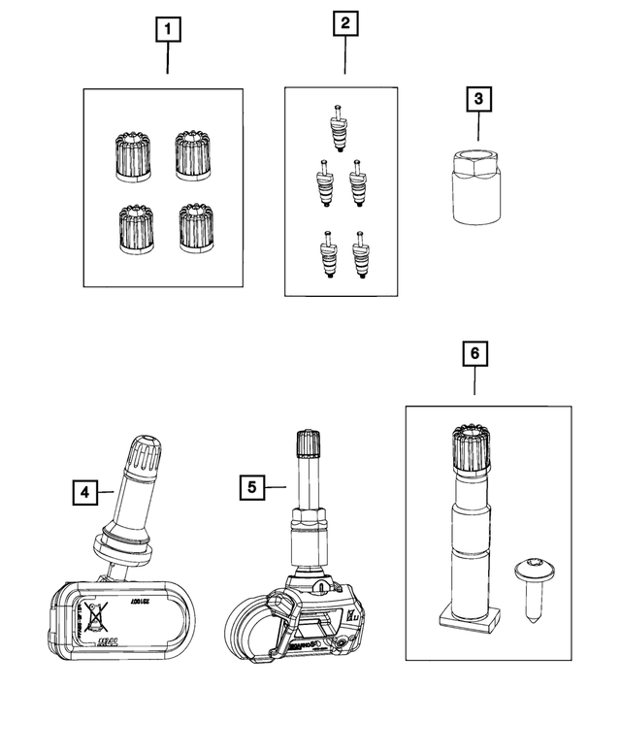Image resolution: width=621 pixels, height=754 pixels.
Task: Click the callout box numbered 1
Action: (x=168, y=30)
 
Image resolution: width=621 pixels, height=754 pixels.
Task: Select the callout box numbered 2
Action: (x=344, y=23)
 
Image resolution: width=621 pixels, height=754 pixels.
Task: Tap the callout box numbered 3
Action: (x=477, y=98)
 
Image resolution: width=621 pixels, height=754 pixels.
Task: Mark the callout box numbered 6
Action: (x=474, y=355)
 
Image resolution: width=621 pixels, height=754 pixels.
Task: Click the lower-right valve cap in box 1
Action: (x=197, y=228)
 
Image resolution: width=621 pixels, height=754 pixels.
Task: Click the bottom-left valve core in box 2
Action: (x=327, y=255)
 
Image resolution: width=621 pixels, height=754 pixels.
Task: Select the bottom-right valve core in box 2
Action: (x=362, y=255)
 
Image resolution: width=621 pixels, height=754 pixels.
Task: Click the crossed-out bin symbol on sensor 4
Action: (x=96, y=613)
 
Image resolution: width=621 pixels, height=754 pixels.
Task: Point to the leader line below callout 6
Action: (x=474, y=383)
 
